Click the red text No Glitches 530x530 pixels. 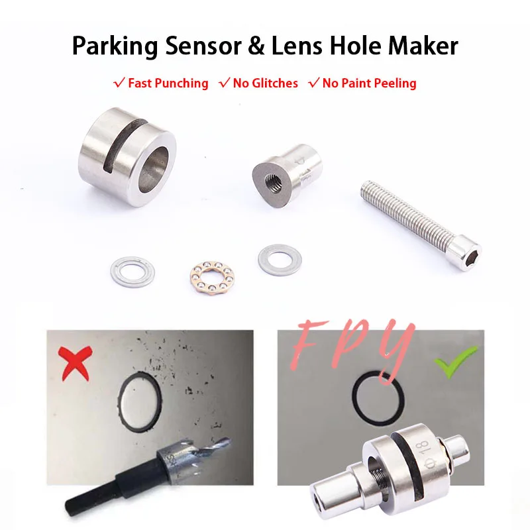265,83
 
